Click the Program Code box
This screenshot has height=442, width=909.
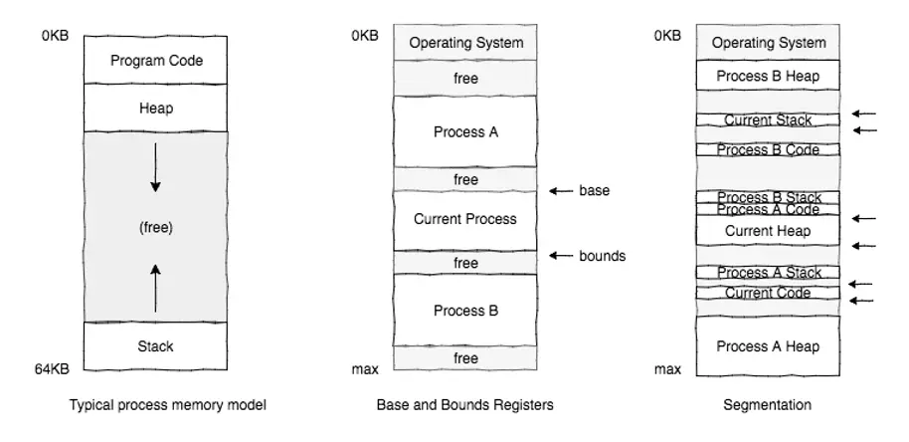[156, 61]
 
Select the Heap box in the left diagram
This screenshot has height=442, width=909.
[156, 108]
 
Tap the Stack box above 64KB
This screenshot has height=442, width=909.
[156, 346]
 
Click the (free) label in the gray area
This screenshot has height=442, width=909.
[156, 227]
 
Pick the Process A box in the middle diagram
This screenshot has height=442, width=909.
[465, 131]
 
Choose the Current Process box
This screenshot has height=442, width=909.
[465, 219]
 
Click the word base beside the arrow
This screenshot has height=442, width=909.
[594, 190]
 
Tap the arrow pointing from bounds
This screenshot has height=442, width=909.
[562, 256]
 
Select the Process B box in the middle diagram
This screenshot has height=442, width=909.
[465, 311]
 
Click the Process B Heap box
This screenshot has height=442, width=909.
[768, 75]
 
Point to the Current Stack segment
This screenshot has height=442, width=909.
[768, 120]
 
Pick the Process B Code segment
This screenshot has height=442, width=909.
[768, 150]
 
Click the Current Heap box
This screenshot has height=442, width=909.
[768, 231]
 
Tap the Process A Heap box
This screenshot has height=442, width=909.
[768, 346]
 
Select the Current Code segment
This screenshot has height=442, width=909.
[768, 293]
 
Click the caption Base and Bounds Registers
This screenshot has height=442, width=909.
[464, 405]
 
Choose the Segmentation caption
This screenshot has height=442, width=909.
[769, 405]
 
